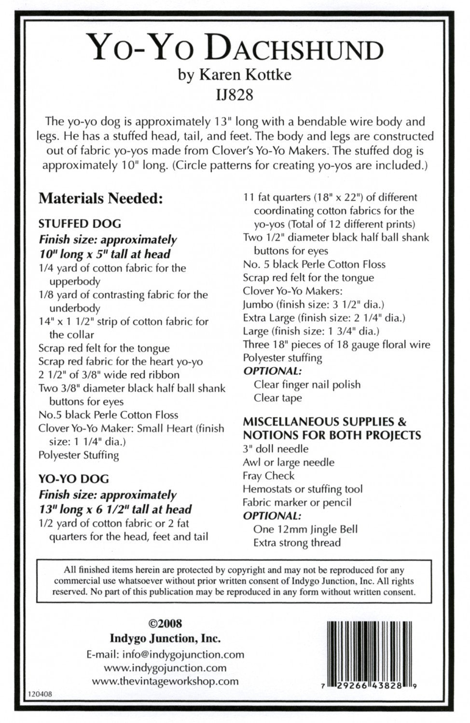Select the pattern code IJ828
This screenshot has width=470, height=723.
click(x=235, y=95)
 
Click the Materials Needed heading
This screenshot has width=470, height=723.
click(x=100, y=198)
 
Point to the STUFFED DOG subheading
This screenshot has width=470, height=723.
click(x=80, y=224)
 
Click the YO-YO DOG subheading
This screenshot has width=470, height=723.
click(x=74, y=479)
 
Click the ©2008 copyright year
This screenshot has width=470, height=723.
click(x=165, y=624)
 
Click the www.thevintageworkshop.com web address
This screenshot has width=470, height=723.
click(x=165, y=681)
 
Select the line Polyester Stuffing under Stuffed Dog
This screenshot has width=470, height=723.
click(x=79, y=455)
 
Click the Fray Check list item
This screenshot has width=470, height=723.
click(x=269, y=476)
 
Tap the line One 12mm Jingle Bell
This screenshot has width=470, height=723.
click(x=305, y=529)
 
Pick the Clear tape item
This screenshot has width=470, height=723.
click(x=278, y=398)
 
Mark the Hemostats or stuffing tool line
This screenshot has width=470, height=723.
click(x=303, y=489)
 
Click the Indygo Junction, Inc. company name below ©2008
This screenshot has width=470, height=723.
click(x=165, y=639)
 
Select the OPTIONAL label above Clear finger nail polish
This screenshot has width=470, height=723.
click(x=273, y=371)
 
